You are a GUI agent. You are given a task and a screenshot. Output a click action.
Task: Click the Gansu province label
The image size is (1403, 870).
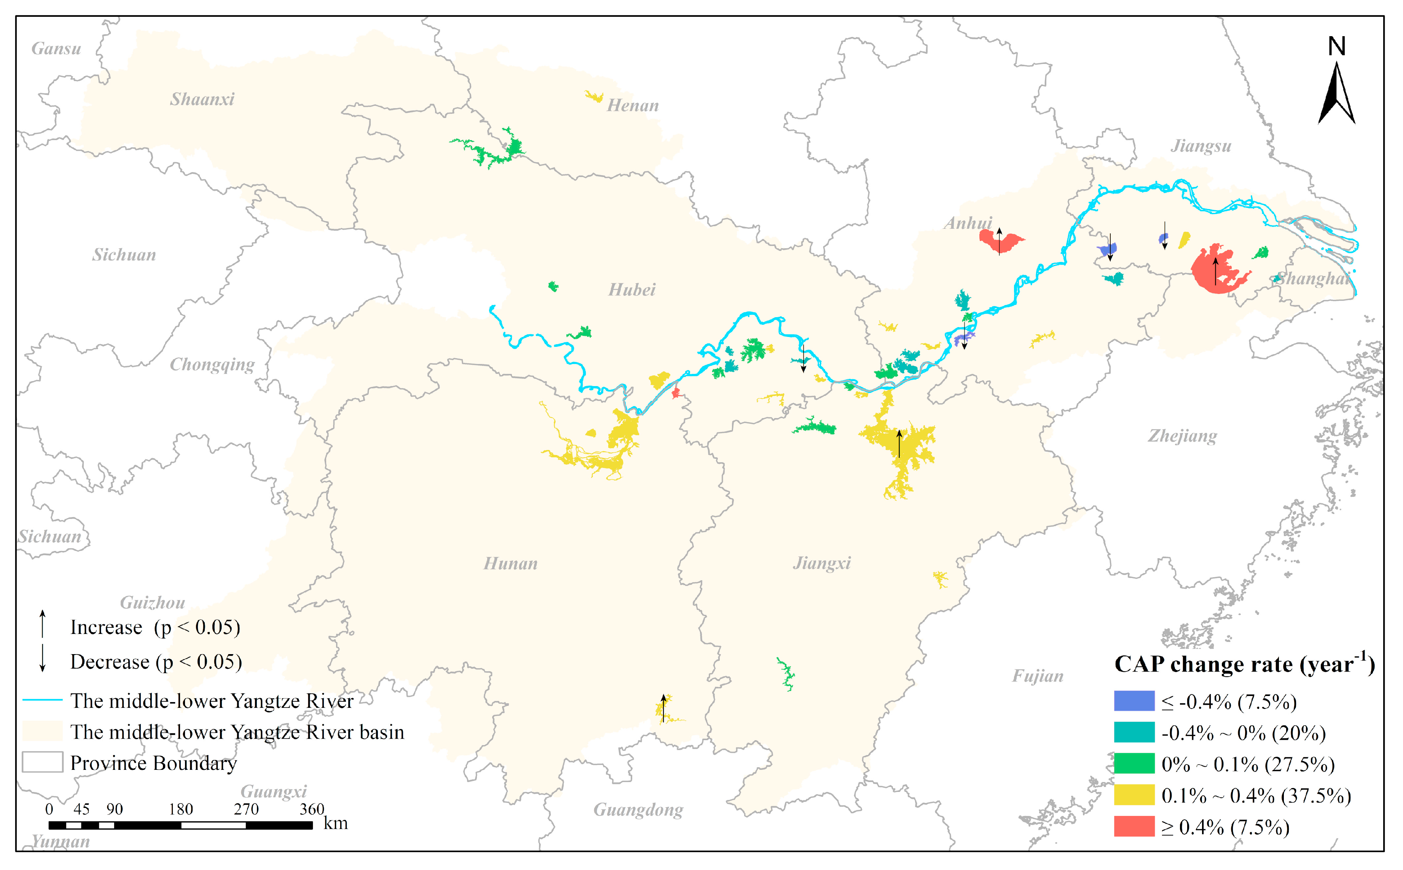pos(56,48)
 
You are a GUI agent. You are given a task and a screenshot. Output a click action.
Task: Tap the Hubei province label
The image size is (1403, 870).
pos(631,289)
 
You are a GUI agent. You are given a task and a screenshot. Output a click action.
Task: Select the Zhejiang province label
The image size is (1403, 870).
pos(1182,436)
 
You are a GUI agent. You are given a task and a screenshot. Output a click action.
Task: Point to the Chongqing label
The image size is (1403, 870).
pos(212,364)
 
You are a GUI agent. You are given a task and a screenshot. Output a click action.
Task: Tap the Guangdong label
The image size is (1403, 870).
pos(638,809)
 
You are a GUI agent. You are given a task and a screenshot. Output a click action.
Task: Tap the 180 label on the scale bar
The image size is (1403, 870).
pos(181,809)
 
